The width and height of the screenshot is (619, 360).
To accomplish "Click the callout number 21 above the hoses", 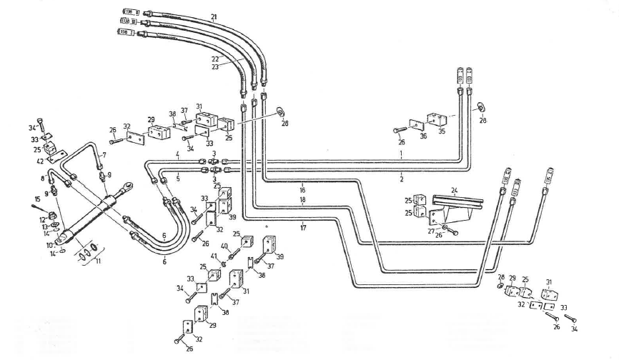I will [214, 16].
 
